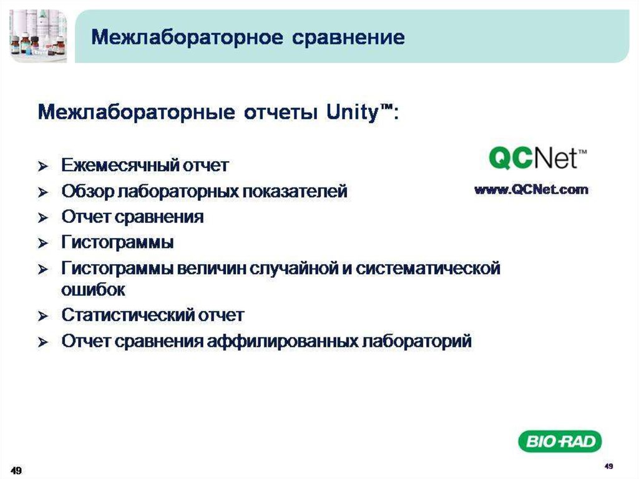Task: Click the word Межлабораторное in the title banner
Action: point(187,37)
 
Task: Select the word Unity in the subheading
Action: point(353,112)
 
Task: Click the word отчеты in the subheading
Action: point(280,112)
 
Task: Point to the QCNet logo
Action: point(537,157)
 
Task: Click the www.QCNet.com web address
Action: point(531,190)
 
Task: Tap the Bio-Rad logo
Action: point(560,441)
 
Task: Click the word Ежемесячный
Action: point(120,165)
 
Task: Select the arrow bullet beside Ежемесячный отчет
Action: point(43,167)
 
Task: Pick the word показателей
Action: point(295,191)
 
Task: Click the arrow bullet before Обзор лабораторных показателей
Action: point(43,192)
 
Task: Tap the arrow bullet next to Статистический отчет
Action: point(43,316)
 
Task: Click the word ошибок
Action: point(93,290)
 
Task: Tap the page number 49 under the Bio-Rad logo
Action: point(609,465)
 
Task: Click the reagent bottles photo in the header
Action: point(38,36)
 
